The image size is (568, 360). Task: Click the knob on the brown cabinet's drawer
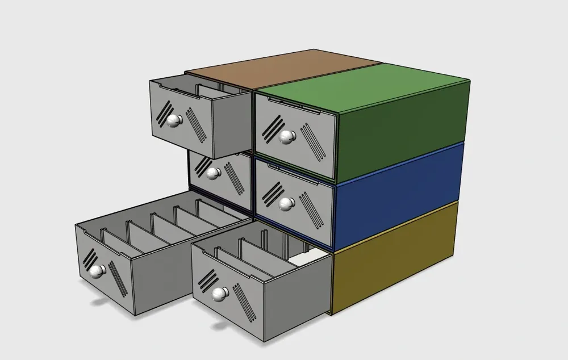coord(174,120)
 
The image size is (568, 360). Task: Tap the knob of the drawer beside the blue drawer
coord(214,173)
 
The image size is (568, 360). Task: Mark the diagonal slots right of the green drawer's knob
coord(314,143)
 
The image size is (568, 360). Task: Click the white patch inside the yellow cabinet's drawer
coord(310,259)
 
